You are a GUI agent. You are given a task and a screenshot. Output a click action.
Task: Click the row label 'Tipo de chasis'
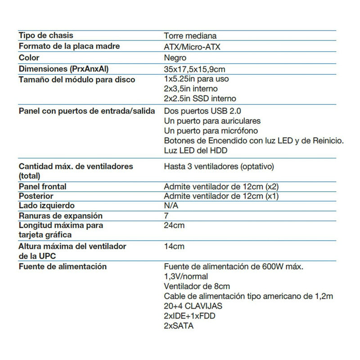pyautogui.click(x=46, y=35)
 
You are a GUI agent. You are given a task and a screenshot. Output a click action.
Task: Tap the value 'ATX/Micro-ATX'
pyautogui.click(x=192, y=47)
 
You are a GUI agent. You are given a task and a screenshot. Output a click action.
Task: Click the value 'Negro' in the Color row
pyautogui.click(x=175, y=58)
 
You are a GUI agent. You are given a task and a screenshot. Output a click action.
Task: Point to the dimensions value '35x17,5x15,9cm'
pyautogui.click(x=194, y=69)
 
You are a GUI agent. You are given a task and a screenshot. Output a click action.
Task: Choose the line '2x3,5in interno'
pyautogui.click(x=191, y=89)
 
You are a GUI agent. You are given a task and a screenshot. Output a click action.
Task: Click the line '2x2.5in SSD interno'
pyautogui.click(x=200, y=99)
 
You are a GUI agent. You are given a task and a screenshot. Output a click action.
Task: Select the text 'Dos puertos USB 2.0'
pyautogui.click(x=199, y=111)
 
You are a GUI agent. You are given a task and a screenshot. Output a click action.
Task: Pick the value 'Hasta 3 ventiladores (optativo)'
pyautogui.click(x=219, y=166)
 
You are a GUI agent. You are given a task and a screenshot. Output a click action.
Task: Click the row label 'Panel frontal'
pyautogui.click(x=43, y=186)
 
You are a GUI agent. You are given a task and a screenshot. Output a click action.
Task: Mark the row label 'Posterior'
pyautogui.click(x=36, y=196)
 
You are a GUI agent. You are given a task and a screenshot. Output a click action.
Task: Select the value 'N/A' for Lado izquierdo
pyautogui.click(x=171, y=206)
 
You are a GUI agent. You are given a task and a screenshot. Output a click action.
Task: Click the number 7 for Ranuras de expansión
pyautogui.click(x=167, y=216)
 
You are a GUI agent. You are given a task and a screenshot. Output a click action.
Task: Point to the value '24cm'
pyautogui.click(x=174, y=225)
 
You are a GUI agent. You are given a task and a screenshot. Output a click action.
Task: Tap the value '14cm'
pyautogui.click(x=174, y=246)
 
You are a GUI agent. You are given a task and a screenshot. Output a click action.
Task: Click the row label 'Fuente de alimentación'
pyautogui.click(x=63, y=266)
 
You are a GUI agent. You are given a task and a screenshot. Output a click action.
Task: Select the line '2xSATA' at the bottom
pyautogui.click(x=179, y=326)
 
